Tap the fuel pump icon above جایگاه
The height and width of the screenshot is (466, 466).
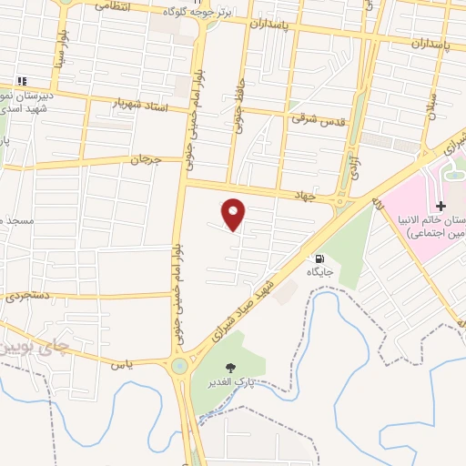pyautogui.click(x=318, y=258)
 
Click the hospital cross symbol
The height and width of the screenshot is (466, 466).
pyautogui.click(x=440, y=208)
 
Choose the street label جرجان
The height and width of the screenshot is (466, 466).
pyautogui.click(x=144, y=159)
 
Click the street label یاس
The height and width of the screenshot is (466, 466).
pyautogui.click(x=116, y=364)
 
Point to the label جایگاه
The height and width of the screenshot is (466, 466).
pyautogui.click(x=319, y=271)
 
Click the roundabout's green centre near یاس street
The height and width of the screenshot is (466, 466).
pyautogui.click(x=178, y=366)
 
